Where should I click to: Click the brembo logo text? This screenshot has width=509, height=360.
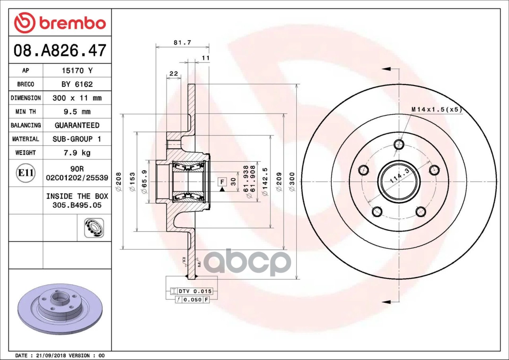tap(73, 23)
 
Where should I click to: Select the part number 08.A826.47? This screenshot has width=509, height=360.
tap(60, 50)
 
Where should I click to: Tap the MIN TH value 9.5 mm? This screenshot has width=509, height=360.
tap(77, 112)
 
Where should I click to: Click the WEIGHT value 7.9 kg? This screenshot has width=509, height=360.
tap(77, 153)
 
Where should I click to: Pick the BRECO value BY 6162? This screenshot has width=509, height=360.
tap(77, 85)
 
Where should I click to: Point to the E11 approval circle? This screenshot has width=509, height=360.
tap(26, 173)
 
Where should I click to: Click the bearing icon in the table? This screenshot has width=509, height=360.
tap(94, 228)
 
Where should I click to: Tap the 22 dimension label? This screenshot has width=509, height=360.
tap(174, 74)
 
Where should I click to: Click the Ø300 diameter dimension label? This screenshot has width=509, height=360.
tap(292, 182)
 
